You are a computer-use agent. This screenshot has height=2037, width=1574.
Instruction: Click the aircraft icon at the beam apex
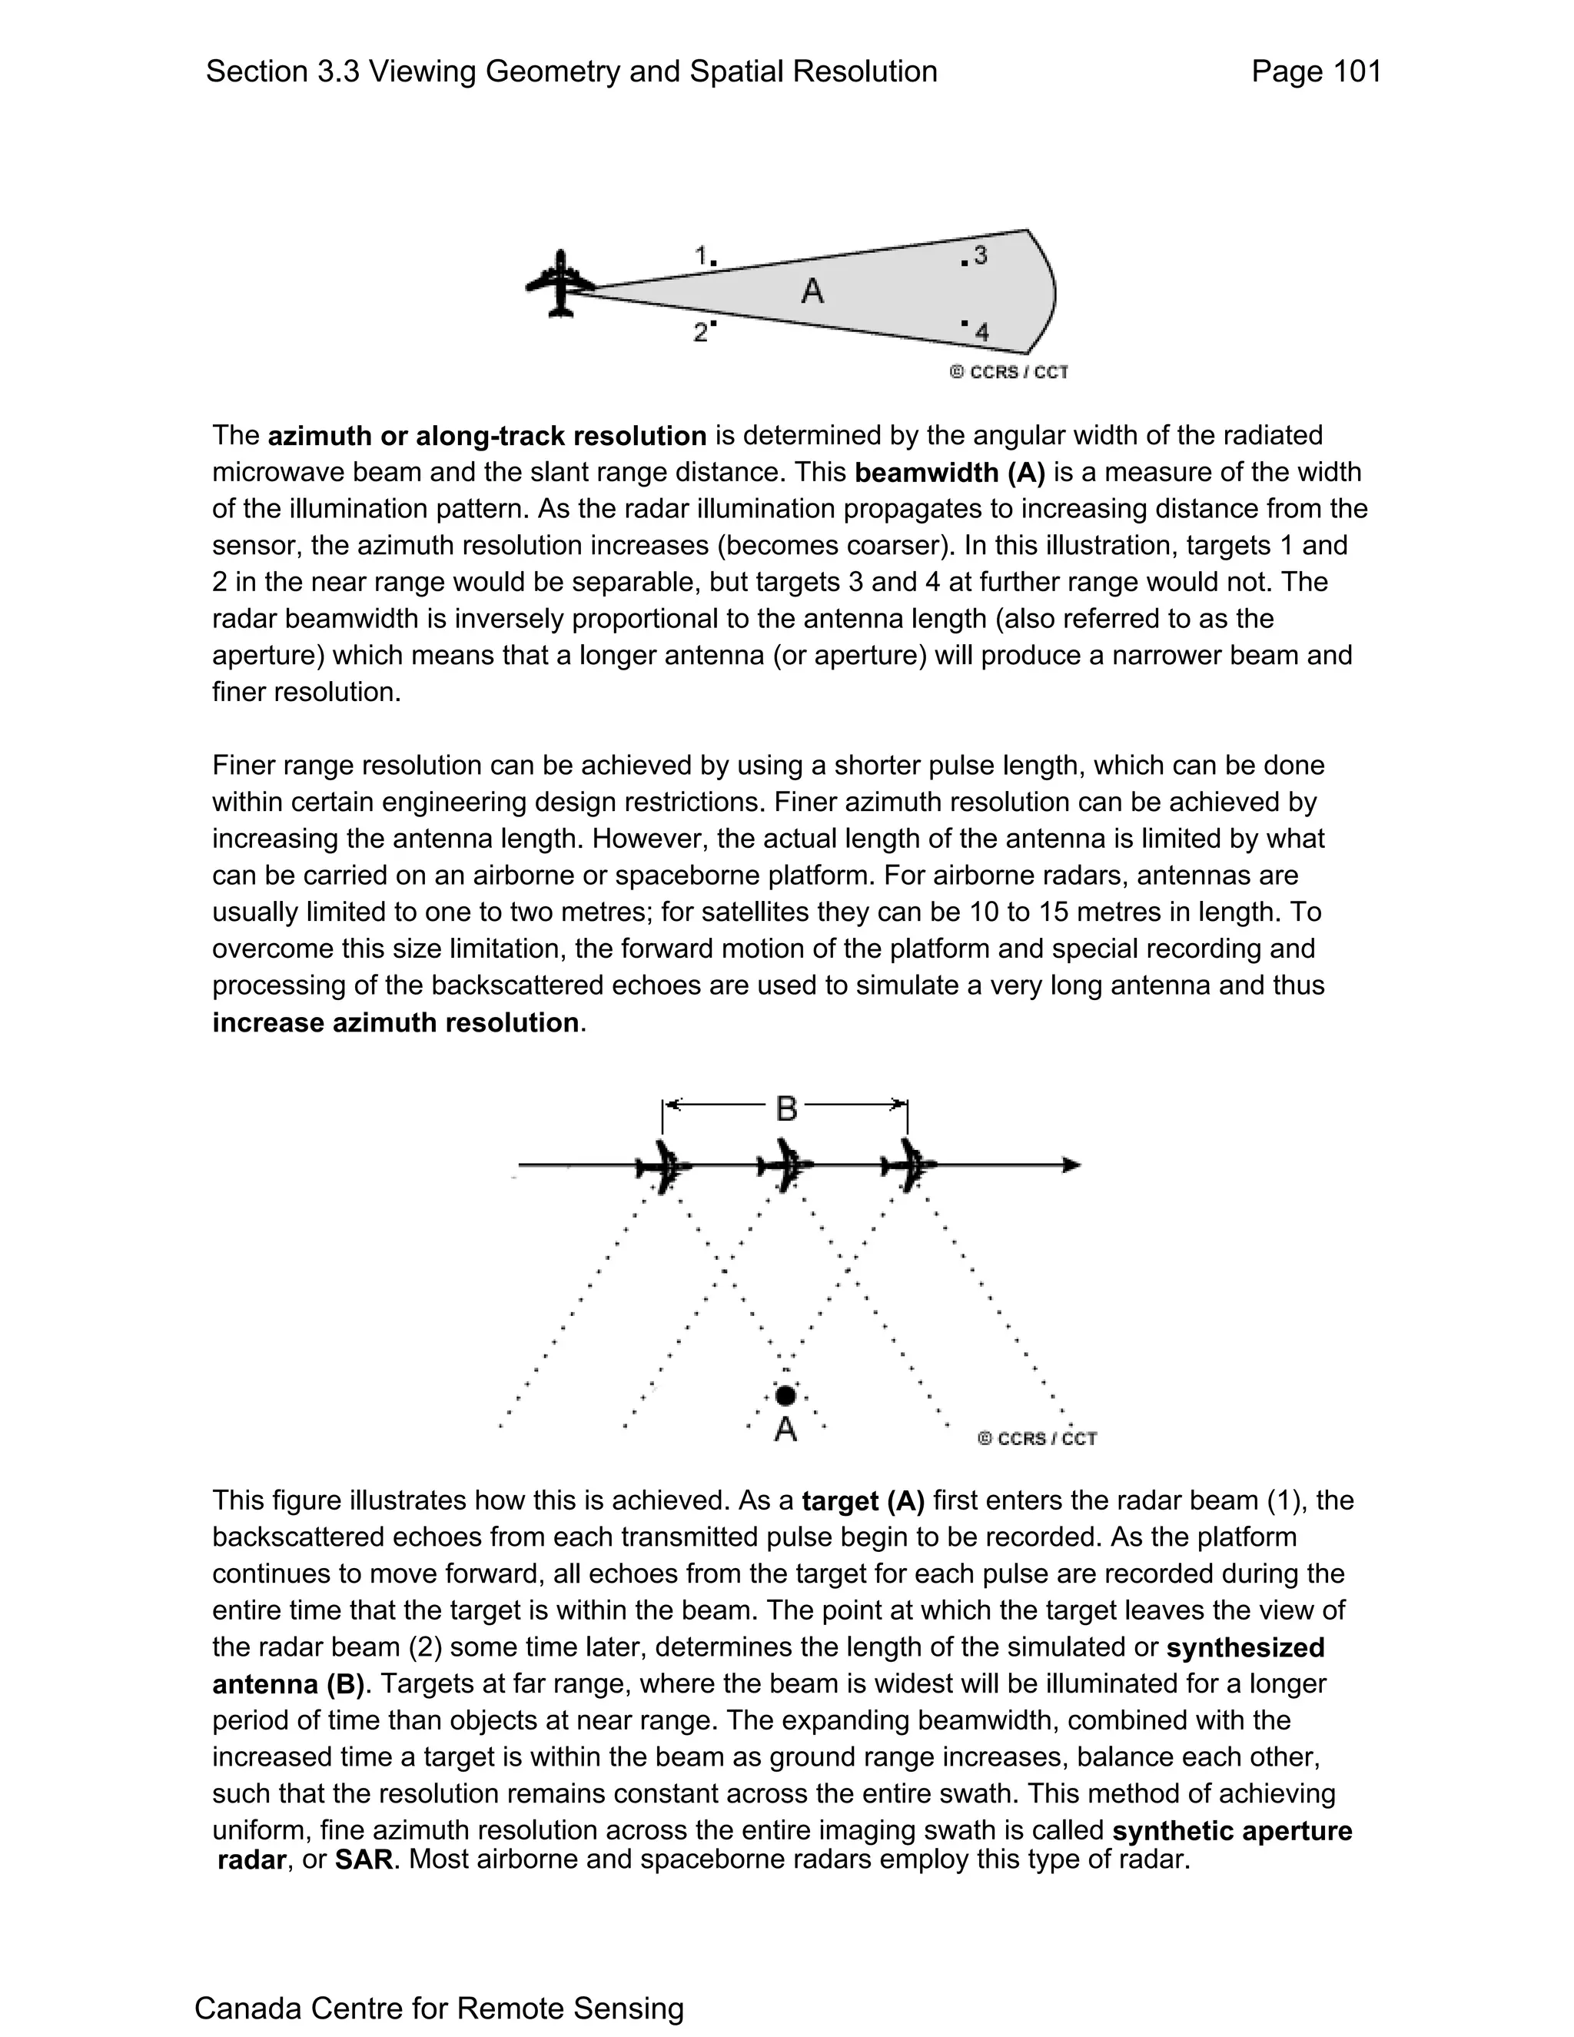pos(560,284)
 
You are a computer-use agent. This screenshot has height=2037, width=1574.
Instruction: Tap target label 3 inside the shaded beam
pos(980,254)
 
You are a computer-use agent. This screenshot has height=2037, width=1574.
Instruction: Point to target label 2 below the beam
pos(701,332)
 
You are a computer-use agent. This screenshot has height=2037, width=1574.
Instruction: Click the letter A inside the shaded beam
pos(812,292)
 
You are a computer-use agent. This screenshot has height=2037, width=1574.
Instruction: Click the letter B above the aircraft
pos(786,1109)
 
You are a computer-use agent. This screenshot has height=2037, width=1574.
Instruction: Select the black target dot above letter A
pos(785,1395)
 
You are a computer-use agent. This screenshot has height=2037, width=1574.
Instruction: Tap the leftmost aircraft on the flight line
pos(664,1166)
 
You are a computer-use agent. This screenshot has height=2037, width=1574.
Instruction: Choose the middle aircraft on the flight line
pos(786,1166)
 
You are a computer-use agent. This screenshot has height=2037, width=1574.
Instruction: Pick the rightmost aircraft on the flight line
pos(909,1166)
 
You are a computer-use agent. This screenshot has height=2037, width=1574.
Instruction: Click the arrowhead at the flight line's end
pos(1072,1165)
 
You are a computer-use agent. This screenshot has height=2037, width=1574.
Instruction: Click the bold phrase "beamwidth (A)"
pos(949,473)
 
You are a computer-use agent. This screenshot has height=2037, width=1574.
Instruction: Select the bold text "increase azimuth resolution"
pos(395,1023)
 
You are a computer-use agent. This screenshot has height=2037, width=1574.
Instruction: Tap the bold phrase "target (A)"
pos(862,1500)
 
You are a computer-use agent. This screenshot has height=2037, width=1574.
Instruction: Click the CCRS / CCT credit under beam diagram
pos(1009,372)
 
